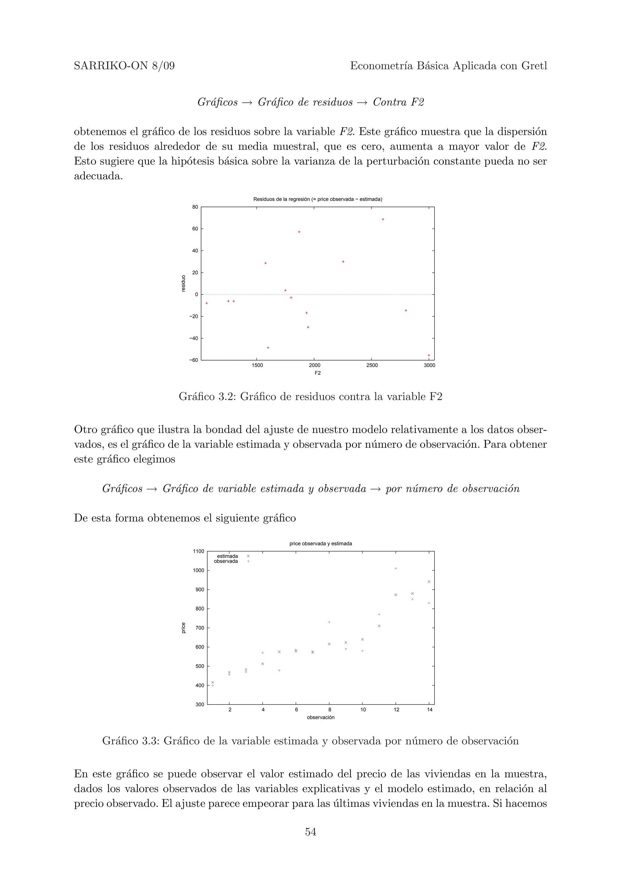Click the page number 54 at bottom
coord(310,832)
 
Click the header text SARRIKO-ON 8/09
coord(124,66)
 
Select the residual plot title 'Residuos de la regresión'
coord(317,199)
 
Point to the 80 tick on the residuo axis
coord(195,207)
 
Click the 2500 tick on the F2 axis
coord(371,365)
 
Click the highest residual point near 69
coord(383,219)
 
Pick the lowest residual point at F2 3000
coord(428,355)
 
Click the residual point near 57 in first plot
coord(299,232)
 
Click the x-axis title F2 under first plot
coord(317,373)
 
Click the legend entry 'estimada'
coord(227,556)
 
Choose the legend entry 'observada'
coord(226,561)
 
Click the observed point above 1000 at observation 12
coord(396,569)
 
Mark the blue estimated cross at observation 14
coord(429,582)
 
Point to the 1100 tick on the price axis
coord(198,551)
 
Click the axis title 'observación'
coord(321,717)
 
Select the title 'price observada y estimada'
coord(321,544)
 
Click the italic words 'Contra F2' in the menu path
coord(398,102)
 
